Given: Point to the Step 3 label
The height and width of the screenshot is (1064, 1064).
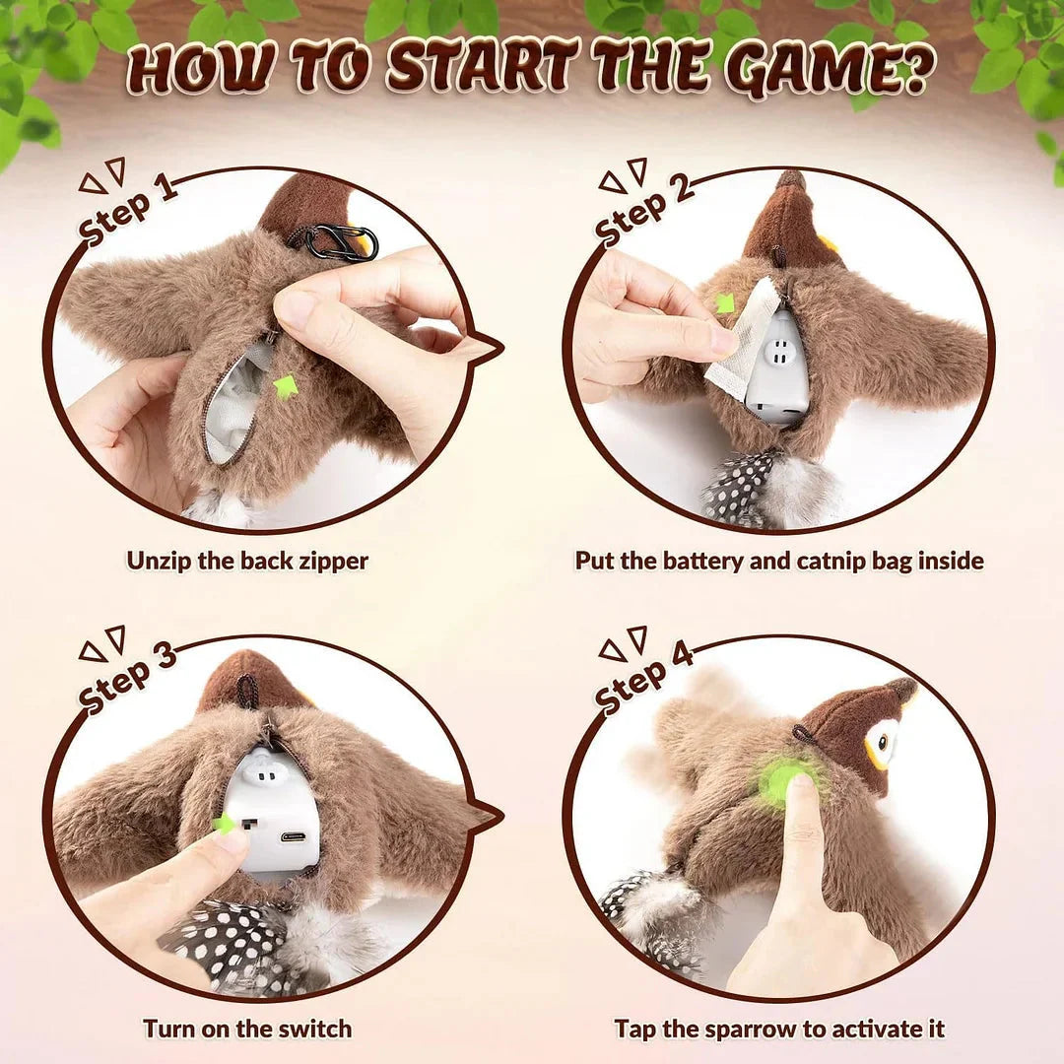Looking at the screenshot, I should tap(128, 678).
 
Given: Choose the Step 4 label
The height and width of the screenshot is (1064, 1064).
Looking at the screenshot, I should tap(645, 678).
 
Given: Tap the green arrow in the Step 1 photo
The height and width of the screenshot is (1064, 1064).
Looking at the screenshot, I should tap(286, 385).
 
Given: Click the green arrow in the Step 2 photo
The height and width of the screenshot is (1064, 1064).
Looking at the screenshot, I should tap(725, 303).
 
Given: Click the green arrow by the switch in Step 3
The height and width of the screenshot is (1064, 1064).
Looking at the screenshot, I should tap(226, 824).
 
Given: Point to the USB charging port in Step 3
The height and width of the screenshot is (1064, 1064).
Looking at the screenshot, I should tap(294, 837).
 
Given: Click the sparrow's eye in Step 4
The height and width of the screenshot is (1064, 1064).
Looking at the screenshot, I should tap(884, 741).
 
